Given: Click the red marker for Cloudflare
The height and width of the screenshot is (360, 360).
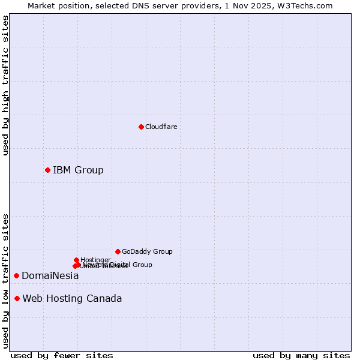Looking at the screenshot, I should (141, 127).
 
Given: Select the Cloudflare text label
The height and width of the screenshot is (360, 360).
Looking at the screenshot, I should (161, 127).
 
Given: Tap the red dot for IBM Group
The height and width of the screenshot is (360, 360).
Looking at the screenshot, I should (47, 170).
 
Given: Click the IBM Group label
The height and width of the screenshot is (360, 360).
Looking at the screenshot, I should (78, 170).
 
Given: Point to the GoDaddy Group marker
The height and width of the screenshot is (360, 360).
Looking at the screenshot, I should (118, 251).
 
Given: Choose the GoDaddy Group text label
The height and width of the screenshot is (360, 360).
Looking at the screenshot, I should (147, 251).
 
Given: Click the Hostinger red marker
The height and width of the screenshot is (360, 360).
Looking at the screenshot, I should (76, 260).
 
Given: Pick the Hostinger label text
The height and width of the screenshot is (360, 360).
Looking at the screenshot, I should (95, 260).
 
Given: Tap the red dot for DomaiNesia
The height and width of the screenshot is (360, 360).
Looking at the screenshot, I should (16, 275).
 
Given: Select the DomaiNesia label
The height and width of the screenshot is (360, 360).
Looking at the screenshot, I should (50, 275).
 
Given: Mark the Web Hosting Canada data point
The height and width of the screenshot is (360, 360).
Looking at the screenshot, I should (17, 298).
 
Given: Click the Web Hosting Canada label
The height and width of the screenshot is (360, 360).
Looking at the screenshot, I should (72, 298).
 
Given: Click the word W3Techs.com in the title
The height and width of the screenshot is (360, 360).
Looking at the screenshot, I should (308, 5).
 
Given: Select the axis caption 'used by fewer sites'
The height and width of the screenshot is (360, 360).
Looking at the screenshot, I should (62, 355).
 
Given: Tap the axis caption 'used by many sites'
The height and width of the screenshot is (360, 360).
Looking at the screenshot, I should (301, 355).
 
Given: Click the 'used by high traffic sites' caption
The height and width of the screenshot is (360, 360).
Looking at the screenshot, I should (5, 85).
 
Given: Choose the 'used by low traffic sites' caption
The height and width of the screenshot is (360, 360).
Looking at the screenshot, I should (5, 280).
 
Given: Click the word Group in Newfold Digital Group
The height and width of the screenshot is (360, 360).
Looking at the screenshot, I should (142, 265).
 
